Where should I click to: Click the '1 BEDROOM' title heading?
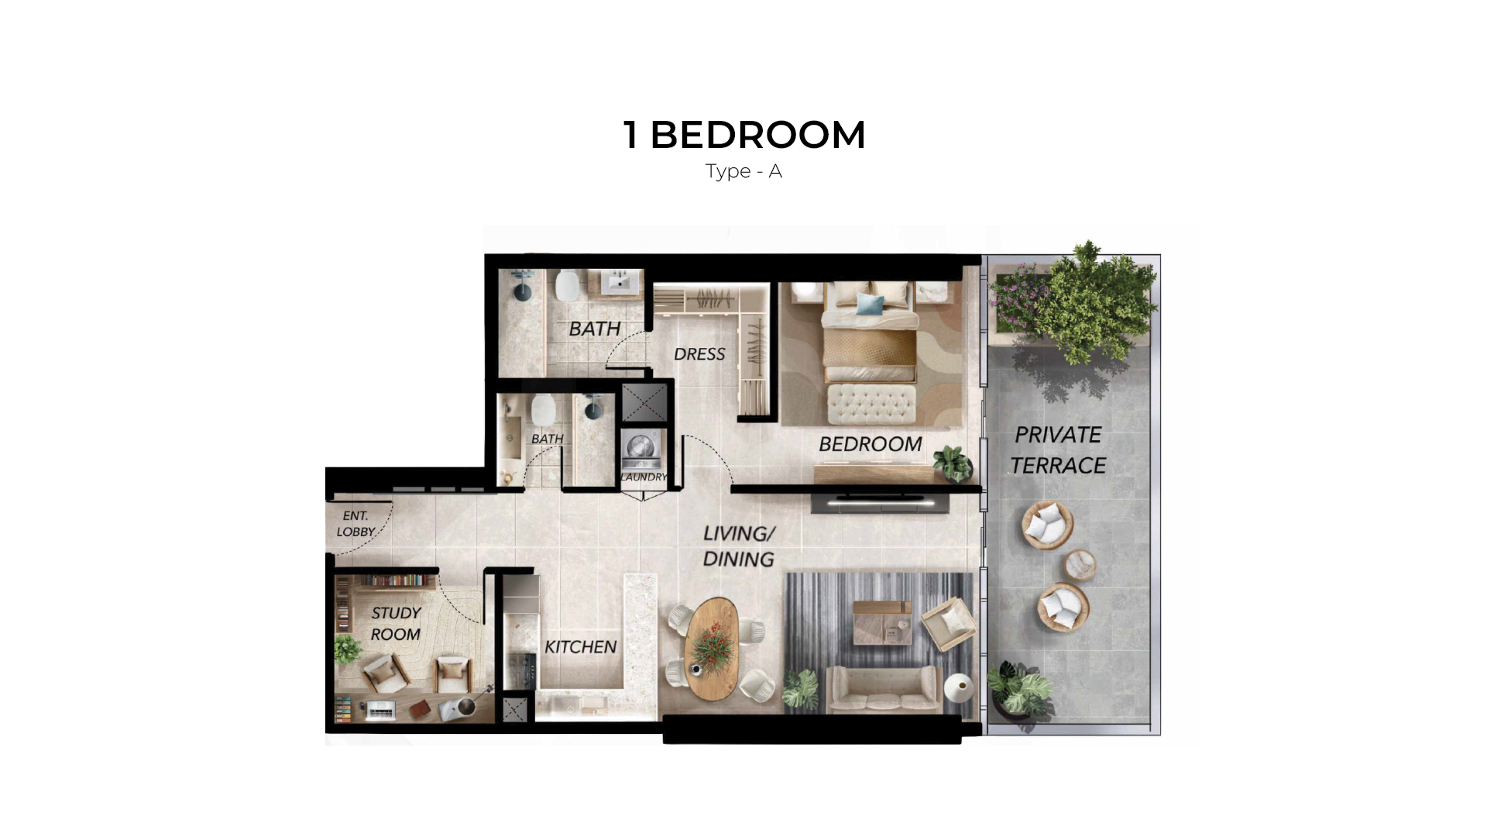(x=743, y=135)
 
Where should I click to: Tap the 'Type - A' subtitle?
(x=743, y=171)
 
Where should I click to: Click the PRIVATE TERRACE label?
(x=1058, y=450)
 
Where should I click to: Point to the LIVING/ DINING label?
(x=739, y=546)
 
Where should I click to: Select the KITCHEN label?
(x=580, y=647)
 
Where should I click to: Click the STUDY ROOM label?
(x=395, y=624)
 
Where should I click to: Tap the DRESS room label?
(x=699, y=354)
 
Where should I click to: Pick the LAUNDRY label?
(x=644, y=477)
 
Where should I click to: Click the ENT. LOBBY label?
(x=355, y=524)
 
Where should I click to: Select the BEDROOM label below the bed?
(x=871, y=444)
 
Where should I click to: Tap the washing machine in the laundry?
(x=644, y=449)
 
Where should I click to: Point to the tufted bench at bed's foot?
(x=871, y=404)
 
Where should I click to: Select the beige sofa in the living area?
(x=884, y=689)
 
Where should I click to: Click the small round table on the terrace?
(x=1080, y=565)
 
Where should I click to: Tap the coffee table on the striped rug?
(x=882, y=622)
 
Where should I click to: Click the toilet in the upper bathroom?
(x=567, y=285)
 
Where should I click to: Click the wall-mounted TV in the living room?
(x=880, y=501)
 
